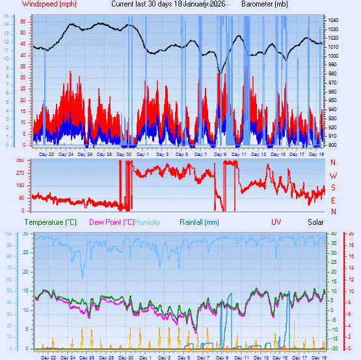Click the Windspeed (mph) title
point(40,4)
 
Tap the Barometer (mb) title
point(265,4)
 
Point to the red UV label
point(276,222)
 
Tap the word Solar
point(315,222)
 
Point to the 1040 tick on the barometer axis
point(334,21)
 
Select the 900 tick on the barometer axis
point(333,145)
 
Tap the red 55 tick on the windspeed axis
point(22,21)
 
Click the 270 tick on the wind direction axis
point(20,173)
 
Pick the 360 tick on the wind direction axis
point(20,160)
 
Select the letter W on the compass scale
point(334,175)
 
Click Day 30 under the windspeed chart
point(124,155)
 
